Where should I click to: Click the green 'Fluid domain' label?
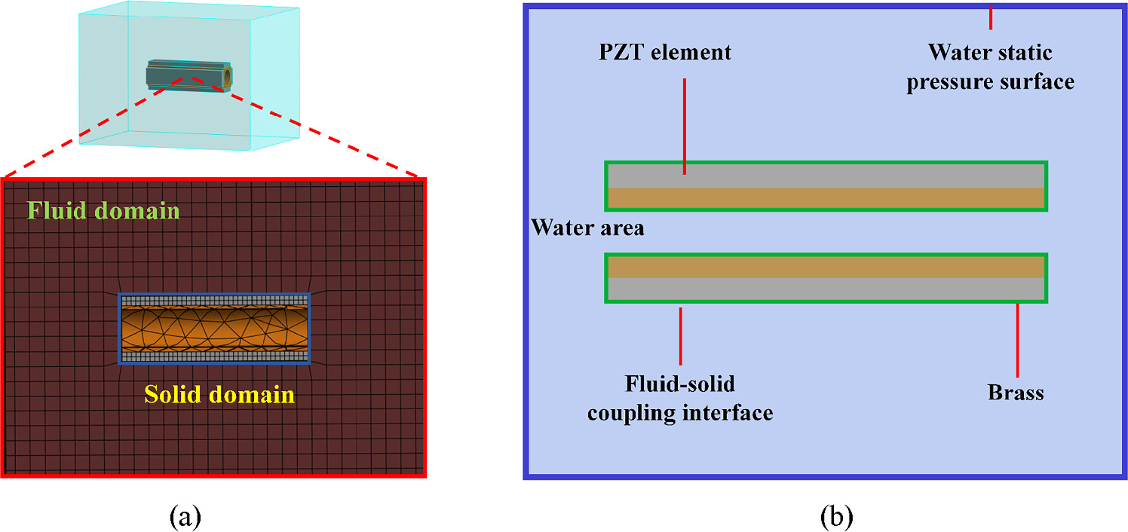(103, 210)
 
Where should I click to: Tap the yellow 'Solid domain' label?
(219, 394)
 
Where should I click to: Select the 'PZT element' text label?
(665, 52)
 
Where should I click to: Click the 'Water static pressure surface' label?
(990, 67)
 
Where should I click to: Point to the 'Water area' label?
(587, 228)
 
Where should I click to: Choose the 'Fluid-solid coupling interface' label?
(680, 398)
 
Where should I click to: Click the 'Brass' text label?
(1016, 393)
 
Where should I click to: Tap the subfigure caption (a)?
(185, 516)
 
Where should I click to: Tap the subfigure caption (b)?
(837, 516)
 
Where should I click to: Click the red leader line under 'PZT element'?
(685, 127)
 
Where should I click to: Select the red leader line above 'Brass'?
(1017, 341)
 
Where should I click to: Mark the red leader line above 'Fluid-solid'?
(680, 336)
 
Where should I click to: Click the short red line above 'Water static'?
(991, 17)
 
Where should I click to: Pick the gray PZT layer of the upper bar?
(826, 176)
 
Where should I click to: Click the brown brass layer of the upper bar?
(826, 198)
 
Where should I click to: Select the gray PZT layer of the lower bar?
(826, 289)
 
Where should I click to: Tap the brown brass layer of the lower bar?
(826, 268)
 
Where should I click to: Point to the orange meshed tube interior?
(215, 328)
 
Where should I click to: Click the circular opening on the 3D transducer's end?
(228, 77)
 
